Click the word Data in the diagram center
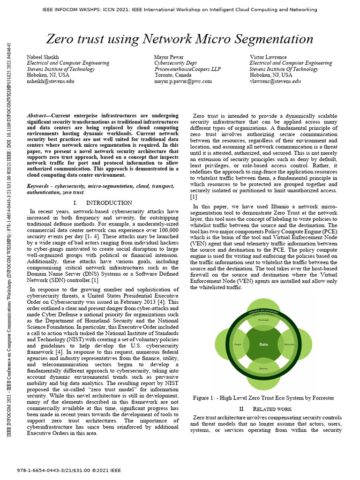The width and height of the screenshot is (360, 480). [x=263, y=344]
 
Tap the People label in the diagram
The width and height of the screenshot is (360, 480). [x=238, y=344]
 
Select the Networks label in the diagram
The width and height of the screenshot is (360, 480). [x=289, y=344]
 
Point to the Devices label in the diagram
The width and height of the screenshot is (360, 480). [x=263, y=369]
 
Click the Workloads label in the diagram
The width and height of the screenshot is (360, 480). [x=263, y=320]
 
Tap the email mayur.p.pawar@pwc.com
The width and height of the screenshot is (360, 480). [x=183, y=81]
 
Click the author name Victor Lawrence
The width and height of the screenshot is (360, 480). [x=268, y=57]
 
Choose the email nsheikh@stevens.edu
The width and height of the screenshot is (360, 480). [x=51, y=81]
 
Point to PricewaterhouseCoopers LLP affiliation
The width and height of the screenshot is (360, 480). [x=187, y=69]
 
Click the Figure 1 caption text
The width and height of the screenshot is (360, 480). [x=263, y=398]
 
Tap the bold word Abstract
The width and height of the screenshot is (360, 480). [x=37, y=116]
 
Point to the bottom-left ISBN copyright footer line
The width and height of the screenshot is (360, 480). [x=69, y=470]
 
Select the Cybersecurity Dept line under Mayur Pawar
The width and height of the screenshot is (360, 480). [x=175, y=63]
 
